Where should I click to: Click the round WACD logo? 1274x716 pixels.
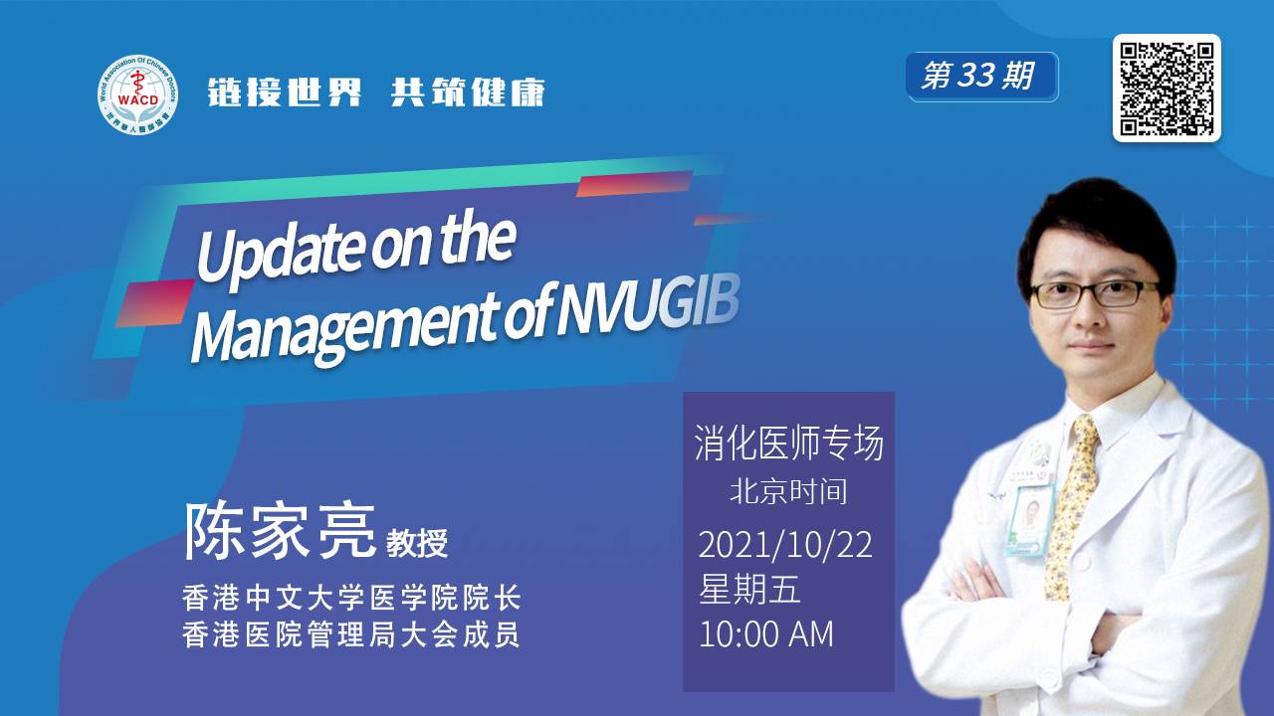tap(137, 95)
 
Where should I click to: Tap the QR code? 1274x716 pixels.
tap(1168, 89)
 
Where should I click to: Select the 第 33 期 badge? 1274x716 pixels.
tap(981, 77)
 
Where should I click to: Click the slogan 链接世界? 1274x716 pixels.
tap(285, 92)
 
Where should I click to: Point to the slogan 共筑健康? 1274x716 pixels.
tap(468, 92)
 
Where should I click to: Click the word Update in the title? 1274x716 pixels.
tap(280, 252)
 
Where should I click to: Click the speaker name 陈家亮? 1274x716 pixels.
tap(280, 531)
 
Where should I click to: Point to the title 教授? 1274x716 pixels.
tap(417, 542)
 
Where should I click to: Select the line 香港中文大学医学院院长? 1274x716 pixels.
tap(351, 598)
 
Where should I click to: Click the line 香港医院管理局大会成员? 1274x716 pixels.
tap(351, 634)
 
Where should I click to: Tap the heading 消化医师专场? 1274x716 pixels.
tap(789, 443)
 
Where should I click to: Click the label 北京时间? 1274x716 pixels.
tap(789, 491)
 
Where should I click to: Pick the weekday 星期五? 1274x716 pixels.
tap(749, 589)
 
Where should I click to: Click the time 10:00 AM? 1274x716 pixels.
tap(766, 633)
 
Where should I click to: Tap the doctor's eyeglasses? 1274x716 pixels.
tap(1093, 294)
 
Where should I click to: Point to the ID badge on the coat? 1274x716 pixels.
tap(1029, 520)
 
